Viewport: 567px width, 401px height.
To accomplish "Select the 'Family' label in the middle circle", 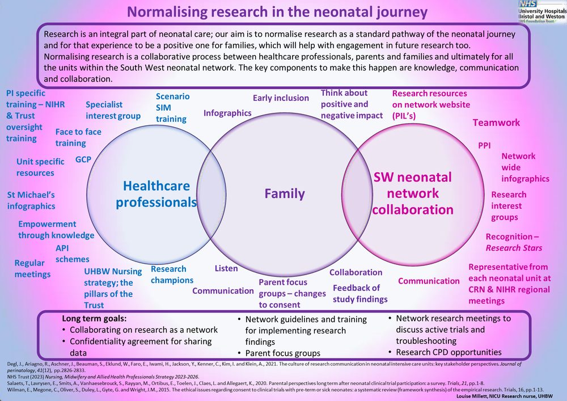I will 285,193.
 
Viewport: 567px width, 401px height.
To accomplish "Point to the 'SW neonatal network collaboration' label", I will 412,193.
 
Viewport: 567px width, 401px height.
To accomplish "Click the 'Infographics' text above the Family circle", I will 227,113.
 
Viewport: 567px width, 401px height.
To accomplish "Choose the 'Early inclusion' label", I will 281,98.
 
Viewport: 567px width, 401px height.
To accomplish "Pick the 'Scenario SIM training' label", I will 172,108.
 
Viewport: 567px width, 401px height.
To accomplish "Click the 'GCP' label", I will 83,159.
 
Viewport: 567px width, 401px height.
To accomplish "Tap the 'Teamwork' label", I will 496,123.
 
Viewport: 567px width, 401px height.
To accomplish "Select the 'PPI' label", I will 484,146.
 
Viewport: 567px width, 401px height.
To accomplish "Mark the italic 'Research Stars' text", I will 514,248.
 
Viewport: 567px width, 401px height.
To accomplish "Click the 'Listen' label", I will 226,268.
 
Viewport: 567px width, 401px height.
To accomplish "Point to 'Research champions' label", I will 172,275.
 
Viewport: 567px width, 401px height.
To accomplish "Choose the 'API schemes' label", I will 72,254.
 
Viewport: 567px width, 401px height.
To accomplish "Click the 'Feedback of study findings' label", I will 360,293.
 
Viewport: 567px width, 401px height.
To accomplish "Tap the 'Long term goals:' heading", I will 94,319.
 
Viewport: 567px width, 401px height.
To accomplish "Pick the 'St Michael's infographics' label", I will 31,200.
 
